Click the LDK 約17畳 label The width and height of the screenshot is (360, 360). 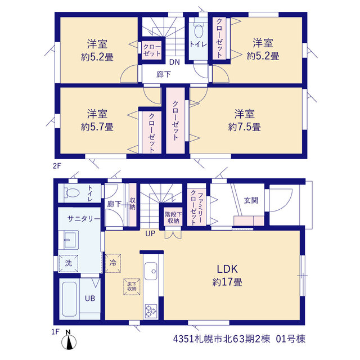pyautogui.click(x=227, y=275)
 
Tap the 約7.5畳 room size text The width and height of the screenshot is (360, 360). pyautogui.click(x=245, y=127)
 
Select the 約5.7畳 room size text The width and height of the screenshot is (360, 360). pyautogui.click(x=97, y=127)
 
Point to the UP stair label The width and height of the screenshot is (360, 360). pyautogui.click(x=150, y=233)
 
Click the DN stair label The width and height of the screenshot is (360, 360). pyautogui.click(x=174, y=62)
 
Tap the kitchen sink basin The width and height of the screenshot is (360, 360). pyautogui.click(x=151, y=269)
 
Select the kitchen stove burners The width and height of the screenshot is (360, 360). pyautogui.click(x=151, y=311)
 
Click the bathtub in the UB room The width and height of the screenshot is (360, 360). pyautogui.click(x=69, y=299)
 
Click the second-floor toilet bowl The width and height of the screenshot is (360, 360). pyautogui.click(x=198, y=31)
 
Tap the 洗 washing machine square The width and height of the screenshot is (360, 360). pyautogui.click(x=69, y=263)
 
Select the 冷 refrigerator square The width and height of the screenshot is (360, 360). pyautogui.click(x=113, y=263)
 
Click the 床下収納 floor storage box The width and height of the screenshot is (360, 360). pyautogui.click(x=132, y=286)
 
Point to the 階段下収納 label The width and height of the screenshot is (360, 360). pyautogui.click(x=173, y=218)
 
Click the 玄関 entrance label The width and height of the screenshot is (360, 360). pyautogui.click(x=251, y=200)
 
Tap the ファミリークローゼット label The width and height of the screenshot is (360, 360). pyautogui.click(x=197, y=208)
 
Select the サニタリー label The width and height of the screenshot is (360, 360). pyautogui.click(x=84, y=219)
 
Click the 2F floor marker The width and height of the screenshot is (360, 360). pyautogui.click(x=57, y=165)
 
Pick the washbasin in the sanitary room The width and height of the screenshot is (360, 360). pyautogui.click(x=70, y=240)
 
